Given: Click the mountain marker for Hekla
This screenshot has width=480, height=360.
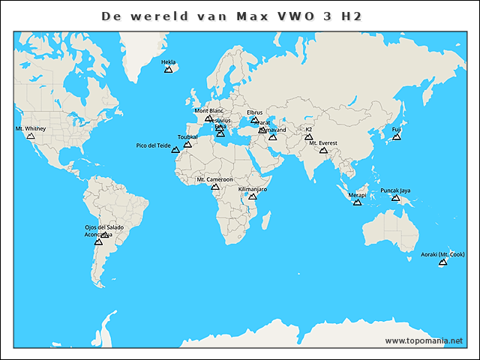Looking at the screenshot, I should point(168,70).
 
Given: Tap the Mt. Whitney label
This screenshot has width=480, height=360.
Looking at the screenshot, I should point(30,129).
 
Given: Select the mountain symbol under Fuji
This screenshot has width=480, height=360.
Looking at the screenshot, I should point(397,136).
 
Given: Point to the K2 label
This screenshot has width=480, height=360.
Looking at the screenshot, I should point(308,129).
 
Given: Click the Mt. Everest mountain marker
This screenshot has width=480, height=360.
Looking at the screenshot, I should point(323,151).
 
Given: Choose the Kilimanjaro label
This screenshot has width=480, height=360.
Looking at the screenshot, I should point(252,189).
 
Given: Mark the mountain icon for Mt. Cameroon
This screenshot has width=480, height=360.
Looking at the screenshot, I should point(215,187).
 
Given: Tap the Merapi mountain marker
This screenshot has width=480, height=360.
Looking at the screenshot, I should point(358,203).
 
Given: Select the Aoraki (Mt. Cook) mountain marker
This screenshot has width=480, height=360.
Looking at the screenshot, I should point(442,262).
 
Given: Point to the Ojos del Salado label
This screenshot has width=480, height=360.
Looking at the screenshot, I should point(104,227).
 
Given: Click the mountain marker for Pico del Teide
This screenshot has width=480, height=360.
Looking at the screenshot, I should point(175,150).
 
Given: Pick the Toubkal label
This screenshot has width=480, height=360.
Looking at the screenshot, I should point(187,137).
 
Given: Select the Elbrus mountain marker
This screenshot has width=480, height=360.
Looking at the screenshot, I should point(255,120).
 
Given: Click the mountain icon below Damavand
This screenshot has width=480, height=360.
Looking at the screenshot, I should point(273,137).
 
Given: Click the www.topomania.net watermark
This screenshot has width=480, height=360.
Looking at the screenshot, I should point(424,340).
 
